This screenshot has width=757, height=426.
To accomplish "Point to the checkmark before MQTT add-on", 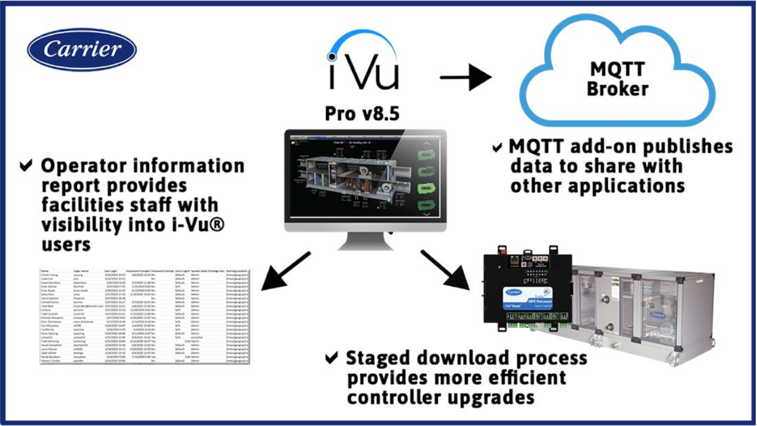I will coord(498,146).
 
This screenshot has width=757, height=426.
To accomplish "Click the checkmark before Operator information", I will coord(26,166).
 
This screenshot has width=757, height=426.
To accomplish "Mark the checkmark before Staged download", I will coord(332,358).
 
